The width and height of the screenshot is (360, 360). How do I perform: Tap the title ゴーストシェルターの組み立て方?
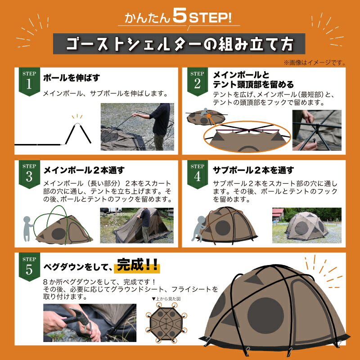[x=180, y=45]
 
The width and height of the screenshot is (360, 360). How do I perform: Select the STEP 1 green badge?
[x=29, y=81]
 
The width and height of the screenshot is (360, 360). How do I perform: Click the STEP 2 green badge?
[x=197, y=81]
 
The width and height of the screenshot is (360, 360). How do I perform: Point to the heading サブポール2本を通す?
[x=253, y=170]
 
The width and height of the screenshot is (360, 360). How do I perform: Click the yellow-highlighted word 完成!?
[x=137, y=266]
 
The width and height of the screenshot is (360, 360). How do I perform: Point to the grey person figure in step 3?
[x=28, y=228]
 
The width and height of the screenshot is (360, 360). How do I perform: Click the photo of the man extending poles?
[x=137, y=127]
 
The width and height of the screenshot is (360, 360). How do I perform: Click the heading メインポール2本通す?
[x=83, y=170]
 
